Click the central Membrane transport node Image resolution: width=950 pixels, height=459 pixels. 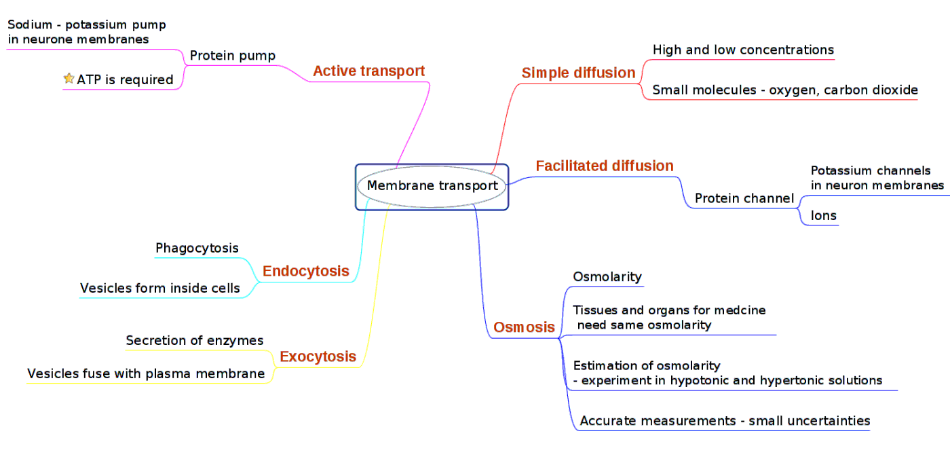432,185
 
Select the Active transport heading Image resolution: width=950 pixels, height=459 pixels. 368,71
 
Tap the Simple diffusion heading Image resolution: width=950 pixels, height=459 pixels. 578,73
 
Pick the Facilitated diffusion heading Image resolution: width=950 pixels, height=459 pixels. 604,166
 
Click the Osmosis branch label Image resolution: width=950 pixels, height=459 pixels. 524,327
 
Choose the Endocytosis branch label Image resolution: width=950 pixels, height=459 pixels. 305,272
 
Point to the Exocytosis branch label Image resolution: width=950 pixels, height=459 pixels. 318,356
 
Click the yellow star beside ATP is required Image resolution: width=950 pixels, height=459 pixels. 69,79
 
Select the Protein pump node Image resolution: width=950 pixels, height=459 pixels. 232,56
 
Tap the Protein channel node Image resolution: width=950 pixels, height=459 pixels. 744,198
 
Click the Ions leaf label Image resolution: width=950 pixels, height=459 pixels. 823,216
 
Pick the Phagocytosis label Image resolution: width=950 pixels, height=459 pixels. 197,249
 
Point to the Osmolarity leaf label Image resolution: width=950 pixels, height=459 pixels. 607,276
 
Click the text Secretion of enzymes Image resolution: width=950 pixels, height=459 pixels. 195,340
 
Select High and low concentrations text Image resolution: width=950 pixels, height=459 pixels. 742,50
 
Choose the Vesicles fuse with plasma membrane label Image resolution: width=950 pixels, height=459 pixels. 146,373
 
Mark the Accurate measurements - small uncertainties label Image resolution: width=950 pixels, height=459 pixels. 725,421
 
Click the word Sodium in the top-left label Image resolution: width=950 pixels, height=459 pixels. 30,24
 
